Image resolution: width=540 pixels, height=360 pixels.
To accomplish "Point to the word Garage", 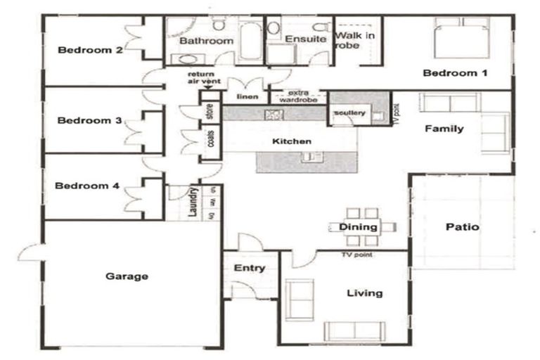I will [x=127, y=276].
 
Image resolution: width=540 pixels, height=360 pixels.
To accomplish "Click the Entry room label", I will [x=250, y=268].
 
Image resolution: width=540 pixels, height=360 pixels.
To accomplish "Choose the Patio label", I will [x=463, y=227].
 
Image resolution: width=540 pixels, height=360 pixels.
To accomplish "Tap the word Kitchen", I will [x=292, y=141].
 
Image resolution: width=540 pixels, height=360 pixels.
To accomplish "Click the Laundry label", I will [x=192, y=202].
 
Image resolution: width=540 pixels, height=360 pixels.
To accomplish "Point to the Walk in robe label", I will [x=354, y=39].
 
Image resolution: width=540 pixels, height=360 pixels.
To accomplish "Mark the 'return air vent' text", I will [x=204, y=78].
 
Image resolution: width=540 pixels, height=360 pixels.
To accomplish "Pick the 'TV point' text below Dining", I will [x=356, y=255].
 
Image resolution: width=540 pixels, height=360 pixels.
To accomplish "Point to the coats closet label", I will [x=210, y=139].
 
